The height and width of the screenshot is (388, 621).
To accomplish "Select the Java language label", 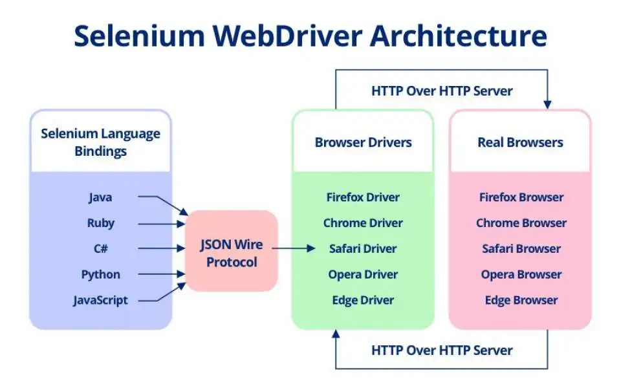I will point(100,197).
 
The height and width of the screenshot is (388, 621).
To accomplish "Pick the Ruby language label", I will point(100,223).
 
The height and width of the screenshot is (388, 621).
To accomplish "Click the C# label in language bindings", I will point(100,249).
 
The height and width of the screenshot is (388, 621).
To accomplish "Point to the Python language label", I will point(100,274).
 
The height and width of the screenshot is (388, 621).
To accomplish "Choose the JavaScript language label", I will point(100,300).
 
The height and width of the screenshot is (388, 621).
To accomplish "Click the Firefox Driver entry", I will point(363,197).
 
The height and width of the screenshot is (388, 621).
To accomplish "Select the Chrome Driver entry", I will point(363,223).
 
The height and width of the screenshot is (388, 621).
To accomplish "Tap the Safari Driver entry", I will point(363,249).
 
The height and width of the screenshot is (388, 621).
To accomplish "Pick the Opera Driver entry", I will point(363,274).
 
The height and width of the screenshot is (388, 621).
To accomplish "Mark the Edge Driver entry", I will point(363,300).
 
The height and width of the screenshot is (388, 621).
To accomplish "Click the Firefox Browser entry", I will point(521,197).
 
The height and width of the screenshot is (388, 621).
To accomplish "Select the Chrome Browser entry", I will point(521,223).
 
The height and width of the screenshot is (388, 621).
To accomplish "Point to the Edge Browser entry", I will point(521,300).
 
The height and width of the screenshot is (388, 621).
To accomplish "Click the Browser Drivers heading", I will point(363,142).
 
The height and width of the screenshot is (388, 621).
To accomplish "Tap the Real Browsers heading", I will point(520,142).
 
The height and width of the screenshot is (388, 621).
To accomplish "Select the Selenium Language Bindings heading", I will point(100,142).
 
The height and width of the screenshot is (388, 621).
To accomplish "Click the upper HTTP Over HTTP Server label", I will point(442,91).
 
